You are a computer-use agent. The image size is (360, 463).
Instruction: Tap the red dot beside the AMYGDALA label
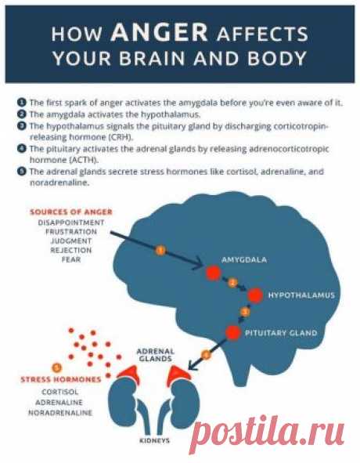[x=214, y=273]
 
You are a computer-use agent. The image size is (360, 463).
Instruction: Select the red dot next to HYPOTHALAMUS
[x=255, y=295]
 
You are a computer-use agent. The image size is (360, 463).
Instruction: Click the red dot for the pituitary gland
[x=233, y=333]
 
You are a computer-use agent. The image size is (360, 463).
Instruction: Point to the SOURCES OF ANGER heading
[x=71, y=212]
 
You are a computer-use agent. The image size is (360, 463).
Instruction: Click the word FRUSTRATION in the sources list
[x=71, y=232]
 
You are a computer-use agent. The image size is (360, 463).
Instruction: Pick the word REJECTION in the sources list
[x=71, y=251]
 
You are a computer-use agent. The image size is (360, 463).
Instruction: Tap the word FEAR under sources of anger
[x=71, y=259]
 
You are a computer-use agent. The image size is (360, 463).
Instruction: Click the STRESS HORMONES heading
[x=61, y=379]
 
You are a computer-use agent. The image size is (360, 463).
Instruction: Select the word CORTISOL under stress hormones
[x=60, y=392]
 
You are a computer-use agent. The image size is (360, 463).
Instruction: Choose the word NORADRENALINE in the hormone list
[x=60, y=413]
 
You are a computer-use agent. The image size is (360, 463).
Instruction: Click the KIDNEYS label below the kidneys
[x=155, y=440]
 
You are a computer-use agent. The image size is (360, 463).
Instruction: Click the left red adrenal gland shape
[x=129, y=374]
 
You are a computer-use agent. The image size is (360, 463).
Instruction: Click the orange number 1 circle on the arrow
[x=160, y=251]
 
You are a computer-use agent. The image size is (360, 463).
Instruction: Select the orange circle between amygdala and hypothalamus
[x=232, y=283]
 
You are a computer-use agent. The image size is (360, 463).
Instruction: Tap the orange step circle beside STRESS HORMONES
[x=56, y=368]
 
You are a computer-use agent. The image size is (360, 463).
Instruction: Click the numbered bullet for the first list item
[x=22, y=103]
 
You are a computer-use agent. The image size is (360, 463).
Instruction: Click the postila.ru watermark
[x=266, y=434]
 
